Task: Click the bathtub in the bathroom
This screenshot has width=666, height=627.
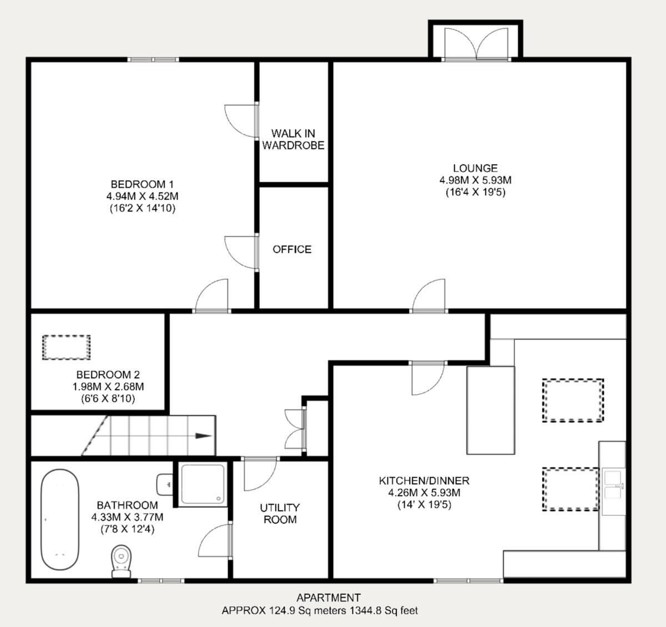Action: [x=59, y=520]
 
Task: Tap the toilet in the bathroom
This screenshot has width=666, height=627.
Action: [x=121, y=558]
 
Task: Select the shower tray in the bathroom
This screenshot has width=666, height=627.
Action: [x=203, y=484]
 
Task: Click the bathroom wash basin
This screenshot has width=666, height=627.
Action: [x=165, y=484]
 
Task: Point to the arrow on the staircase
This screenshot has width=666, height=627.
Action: [x=203, y=436]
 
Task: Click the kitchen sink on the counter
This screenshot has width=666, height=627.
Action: [x=613, y=485]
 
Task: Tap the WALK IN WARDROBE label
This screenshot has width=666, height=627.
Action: [x=293, y=139]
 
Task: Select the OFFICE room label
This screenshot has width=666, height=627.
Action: [x=292, y=249]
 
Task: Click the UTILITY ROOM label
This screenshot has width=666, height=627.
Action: [x=280, y=513]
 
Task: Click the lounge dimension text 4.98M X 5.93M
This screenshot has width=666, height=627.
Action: [x=475, y=180]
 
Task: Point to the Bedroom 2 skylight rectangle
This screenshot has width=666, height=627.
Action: [x=66, y=347]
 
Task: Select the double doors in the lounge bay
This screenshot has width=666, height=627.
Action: [x=476, y=44]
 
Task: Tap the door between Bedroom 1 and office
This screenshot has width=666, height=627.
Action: [x=242, y=252]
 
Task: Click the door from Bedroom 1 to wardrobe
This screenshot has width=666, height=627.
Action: [x=242, y=120]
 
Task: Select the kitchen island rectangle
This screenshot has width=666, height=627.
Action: [x=491, y=410]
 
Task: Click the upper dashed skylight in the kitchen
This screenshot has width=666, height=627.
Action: [x=573, y=400]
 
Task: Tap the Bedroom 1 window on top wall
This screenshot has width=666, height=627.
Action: [x=153, y=59]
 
